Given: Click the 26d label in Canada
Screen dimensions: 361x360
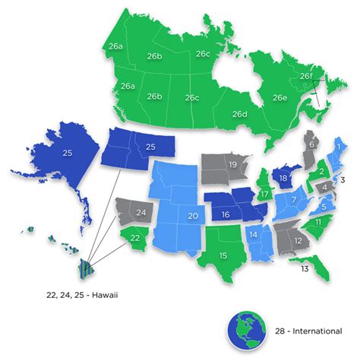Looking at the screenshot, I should (x=240, y=115).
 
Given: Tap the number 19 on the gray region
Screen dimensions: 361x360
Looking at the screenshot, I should (x=234, y=165).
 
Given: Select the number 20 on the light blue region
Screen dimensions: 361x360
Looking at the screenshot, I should (x=193, y=217).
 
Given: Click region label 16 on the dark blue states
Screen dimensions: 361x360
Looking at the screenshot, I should (x=225, y=215).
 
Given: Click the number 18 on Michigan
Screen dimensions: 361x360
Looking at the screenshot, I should (x=283, y=179).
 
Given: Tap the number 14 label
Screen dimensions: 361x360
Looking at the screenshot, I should (x=254, y=235).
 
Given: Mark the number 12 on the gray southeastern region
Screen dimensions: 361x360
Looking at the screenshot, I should (x=299, y=240).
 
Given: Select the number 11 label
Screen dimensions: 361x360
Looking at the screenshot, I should (x=319, y=220).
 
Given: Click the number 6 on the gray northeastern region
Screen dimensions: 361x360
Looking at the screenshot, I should (x=311, y=144).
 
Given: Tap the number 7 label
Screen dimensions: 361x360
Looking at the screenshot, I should (x=289, y=201).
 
